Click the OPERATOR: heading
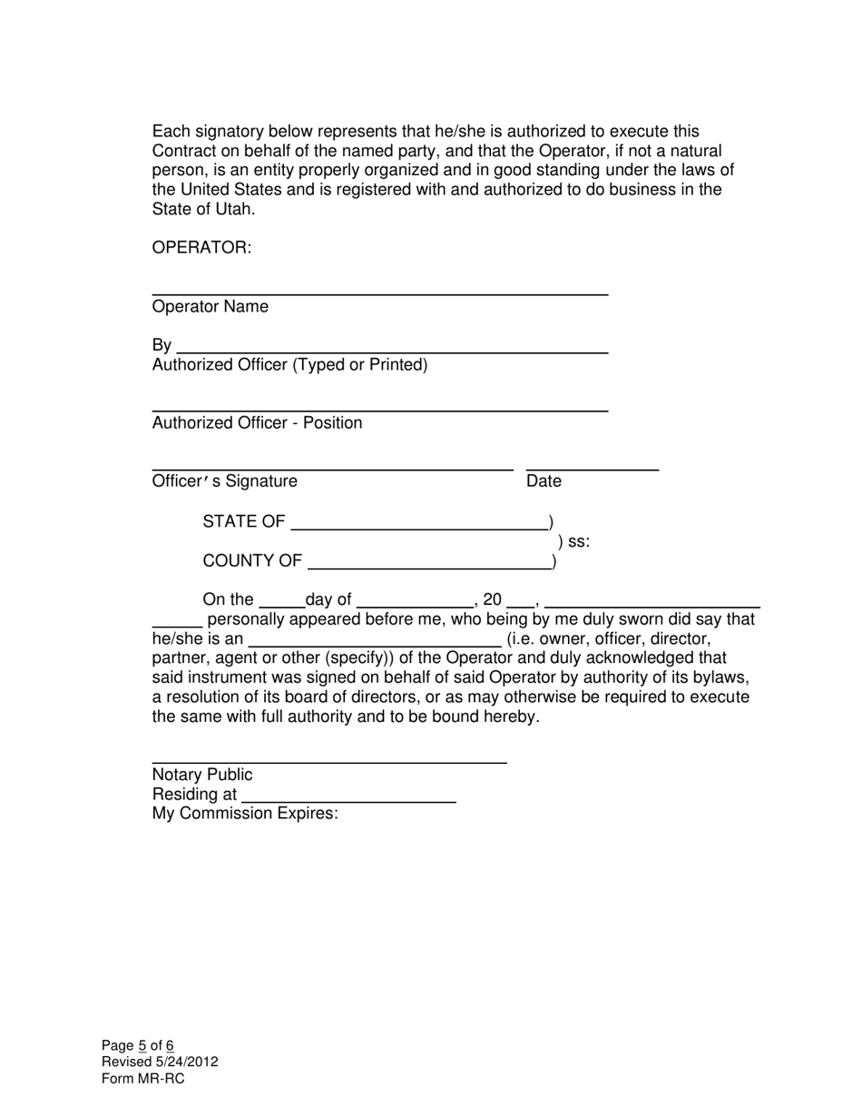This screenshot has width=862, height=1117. [x=201, y=248]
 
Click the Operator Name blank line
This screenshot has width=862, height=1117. [x=379, y=293]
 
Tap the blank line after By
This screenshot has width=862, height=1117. [x=392, y=351]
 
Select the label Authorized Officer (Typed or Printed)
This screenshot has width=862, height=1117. [x=289, y=365]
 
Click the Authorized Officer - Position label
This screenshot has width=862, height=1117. [x=257, y=423]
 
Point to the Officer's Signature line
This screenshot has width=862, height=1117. [x=332, y=469]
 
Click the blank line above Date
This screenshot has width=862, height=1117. [x=592, y=469]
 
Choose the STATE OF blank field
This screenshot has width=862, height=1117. [x=418, y=528]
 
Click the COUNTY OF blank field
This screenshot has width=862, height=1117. [x=429, y=568]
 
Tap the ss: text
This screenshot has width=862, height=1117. [x=579, y=542]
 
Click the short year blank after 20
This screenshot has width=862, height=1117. [x=521, y=606]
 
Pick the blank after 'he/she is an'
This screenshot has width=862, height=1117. [x=374, y=645]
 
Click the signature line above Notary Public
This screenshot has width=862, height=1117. [x=328, y=762]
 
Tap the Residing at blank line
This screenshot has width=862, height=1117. [x=349, y=802]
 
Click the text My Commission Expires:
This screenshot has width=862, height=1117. [x=245, y=814]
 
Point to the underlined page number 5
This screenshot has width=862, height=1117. [x=142, y=1046]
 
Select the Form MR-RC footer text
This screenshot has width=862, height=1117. [x=142, y=1079]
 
